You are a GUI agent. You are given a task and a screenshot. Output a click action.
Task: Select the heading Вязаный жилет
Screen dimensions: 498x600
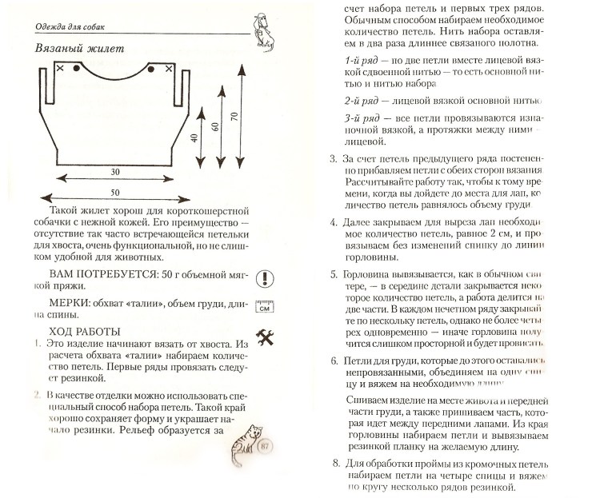79,49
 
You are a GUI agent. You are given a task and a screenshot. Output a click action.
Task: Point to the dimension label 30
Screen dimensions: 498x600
116,172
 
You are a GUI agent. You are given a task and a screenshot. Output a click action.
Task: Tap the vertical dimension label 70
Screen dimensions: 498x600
234,116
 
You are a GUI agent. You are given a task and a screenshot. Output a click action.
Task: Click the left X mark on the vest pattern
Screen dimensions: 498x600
60,70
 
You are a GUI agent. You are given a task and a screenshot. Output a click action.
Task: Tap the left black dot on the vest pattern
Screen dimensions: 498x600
76,70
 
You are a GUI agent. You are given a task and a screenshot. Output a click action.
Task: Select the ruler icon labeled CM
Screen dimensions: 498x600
264,308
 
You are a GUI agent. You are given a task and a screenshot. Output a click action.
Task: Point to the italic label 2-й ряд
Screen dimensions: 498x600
364,102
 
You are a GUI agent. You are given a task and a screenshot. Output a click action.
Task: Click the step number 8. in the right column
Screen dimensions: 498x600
335,464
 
